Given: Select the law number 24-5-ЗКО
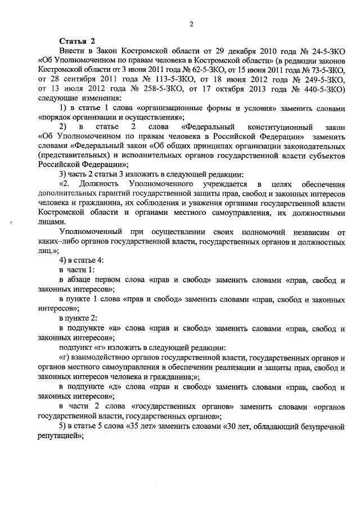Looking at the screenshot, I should tap(319, 51).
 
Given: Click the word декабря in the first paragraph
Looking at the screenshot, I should tap(243, 51).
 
